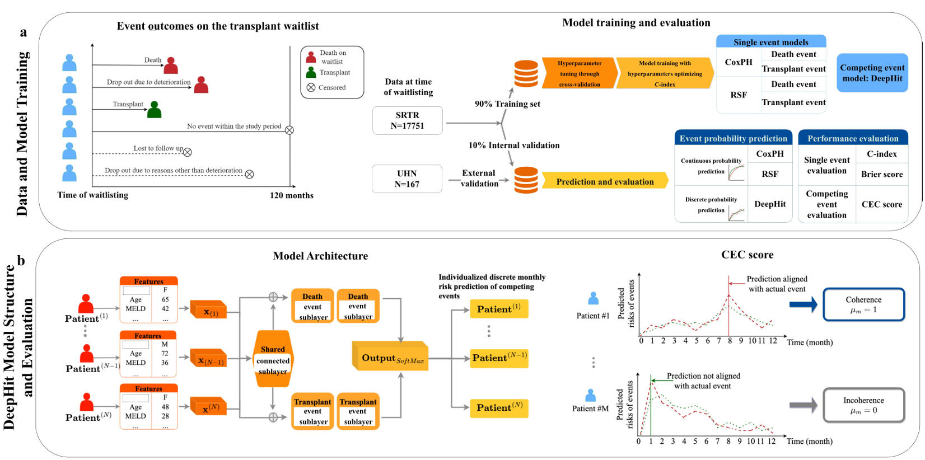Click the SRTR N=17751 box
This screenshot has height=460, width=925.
[x=407, y=120]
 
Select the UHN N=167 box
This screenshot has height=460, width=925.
[x=407, y=179]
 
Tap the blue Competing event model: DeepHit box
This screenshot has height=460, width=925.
[x=872, y=73]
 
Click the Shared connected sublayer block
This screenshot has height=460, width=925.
[x=273, y=360]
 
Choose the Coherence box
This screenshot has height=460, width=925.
[x=863, y=304]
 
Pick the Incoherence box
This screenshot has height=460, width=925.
[x=863, y=405]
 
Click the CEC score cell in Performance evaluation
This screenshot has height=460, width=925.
[x=881, y=204]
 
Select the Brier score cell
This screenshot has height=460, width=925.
[x=881, y=174]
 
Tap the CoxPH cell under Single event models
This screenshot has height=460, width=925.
[x=739, y=62]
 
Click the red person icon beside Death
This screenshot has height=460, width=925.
[x=171, y=65]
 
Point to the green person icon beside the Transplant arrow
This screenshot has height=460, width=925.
[x=154, y=110]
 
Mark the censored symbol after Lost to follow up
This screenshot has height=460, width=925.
[x=188, y=152]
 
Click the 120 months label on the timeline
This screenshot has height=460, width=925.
[x=291, y=195]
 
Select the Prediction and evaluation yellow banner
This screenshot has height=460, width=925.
[x=605, y=181]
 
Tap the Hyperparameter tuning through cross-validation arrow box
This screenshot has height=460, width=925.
[x=580, y=73]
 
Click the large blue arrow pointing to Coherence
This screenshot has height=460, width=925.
[x=803, y=304]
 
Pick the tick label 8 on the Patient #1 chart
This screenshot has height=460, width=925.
[x=730, y=340]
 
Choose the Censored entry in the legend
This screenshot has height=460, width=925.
[x=326, y=88]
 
